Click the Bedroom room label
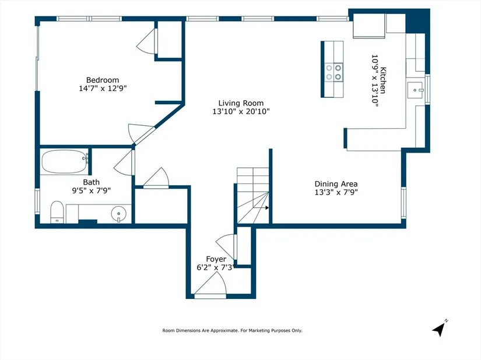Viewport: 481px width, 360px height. (x=103, y=80)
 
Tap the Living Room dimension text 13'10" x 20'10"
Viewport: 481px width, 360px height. (x=241, y=111)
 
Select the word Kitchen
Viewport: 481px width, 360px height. (x=383, y=80)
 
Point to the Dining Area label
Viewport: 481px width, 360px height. (x=336, y=184)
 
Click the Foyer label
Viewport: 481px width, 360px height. (x=216, y=259)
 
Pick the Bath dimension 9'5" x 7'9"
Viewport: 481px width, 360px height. (x=91, y=190)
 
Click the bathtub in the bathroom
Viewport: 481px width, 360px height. (x=64, y=161)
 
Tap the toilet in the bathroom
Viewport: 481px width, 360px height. (x=57, y=211)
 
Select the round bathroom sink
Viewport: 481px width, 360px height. (x=119, y=214)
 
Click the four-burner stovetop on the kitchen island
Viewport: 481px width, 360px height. (x=333, y=72)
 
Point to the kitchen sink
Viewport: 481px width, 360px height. (x=415, y=90)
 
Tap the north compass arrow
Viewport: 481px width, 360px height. (x=439, y=329)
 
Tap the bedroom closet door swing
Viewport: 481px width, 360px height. (x=146, y=42)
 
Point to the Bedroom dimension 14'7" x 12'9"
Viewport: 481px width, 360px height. (x=103, y=89)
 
